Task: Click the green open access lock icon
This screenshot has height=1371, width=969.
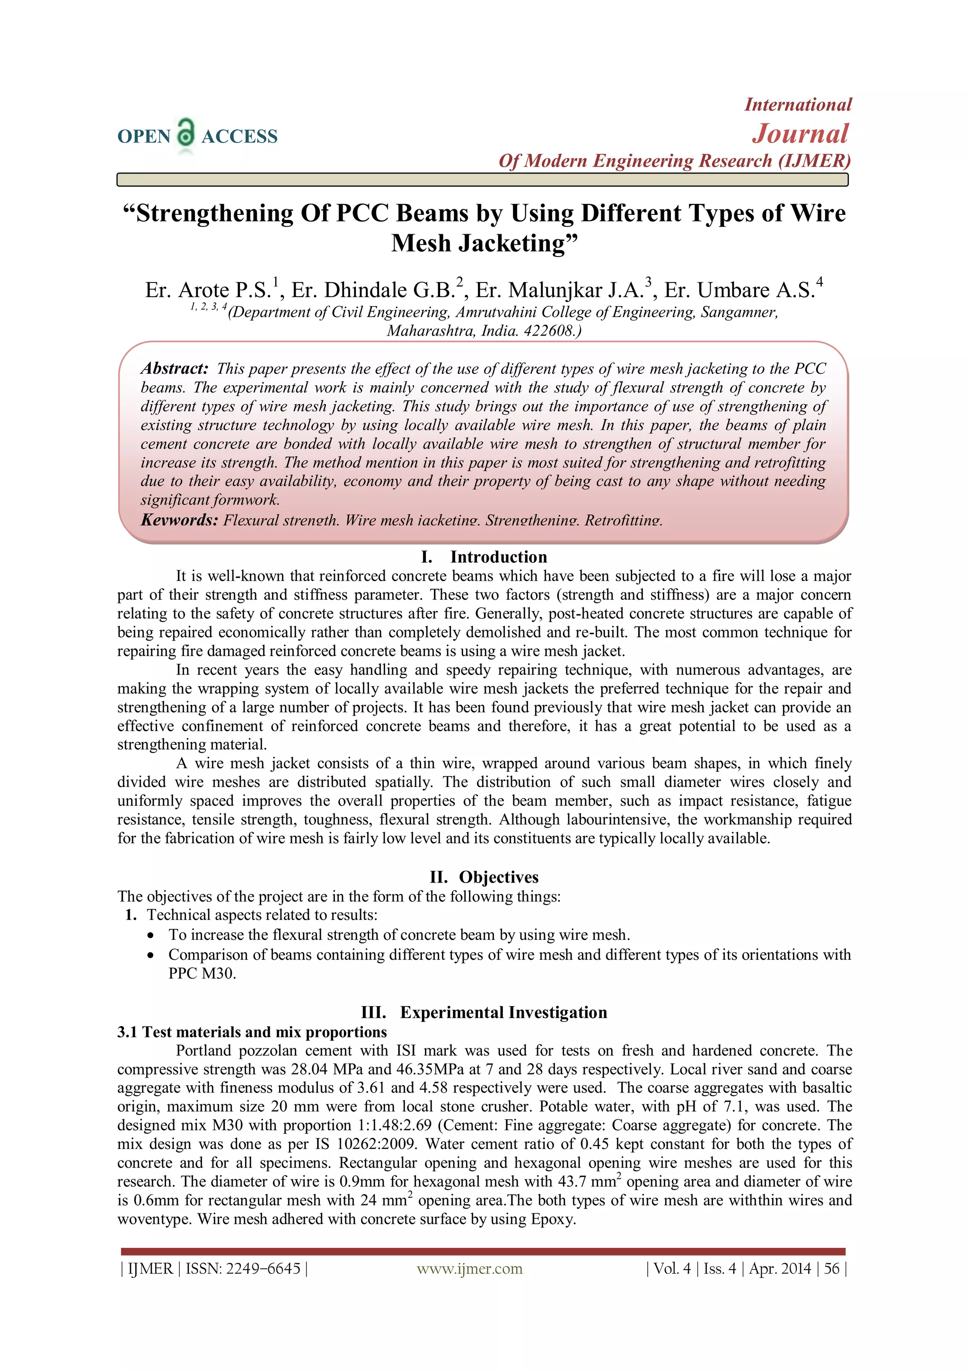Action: click(x=186, y=133)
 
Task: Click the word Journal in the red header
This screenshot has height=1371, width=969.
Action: click(x=800, y=134)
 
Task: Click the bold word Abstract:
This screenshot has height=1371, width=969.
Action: click(x=174, y=369)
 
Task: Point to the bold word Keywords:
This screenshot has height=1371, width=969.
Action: click(x=179, y=520)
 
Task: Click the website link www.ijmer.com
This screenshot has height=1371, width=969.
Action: click(x=469, y=1268)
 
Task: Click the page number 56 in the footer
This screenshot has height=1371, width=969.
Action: click(x=831, y=1268)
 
